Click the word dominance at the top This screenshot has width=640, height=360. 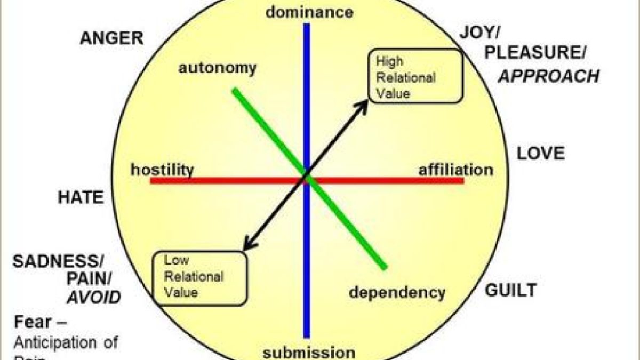309,12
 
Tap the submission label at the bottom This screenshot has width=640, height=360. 309,353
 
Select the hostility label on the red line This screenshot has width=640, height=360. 162,170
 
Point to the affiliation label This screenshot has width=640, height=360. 455,170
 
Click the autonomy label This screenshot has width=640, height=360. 217,68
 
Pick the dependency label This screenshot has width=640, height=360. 397,292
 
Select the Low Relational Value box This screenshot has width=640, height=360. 200,277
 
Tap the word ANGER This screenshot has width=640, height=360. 111,38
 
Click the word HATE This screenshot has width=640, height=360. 81,198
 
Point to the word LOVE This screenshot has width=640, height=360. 540,154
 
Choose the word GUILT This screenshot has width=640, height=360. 510,291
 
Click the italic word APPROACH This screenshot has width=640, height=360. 549,76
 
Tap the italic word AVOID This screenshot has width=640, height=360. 94,297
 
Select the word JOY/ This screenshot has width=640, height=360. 479,33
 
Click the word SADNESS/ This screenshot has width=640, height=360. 59,261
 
